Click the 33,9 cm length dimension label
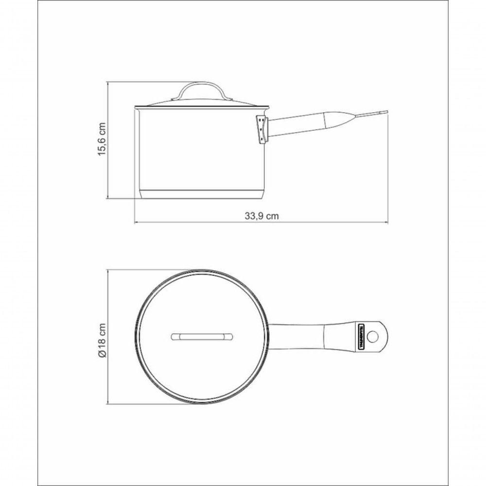(x=261, y=216)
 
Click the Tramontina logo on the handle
(x=362, y=335)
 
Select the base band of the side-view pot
(x=201, y=194)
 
